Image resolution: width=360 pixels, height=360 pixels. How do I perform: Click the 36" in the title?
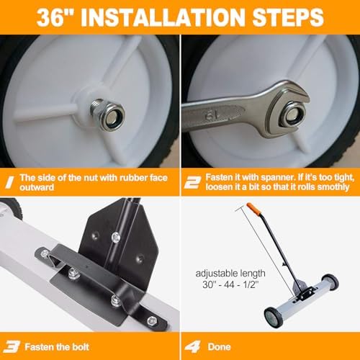tap(59, 15)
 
